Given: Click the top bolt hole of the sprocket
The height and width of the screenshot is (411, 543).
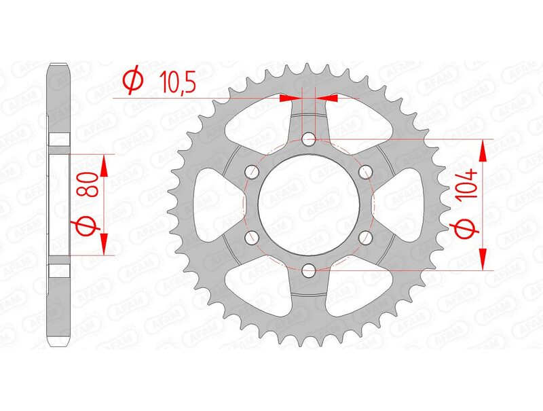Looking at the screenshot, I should coord(309,140).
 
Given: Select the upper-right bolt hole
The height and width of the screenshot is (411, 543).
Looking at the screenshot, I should coord(365,172).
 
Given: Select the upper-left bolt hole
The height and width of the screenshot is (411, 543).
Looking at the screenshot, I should coord(252,172).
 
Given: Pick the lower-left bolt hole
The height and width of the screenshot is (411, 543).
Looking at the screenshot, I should coord(252,237).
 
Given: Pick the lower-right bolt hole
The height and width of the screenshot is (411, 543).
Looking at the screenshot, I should coord(365,237).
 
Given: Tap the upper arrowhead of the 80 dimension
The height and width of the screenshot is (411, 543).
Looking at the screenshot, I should coord(104,164).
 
